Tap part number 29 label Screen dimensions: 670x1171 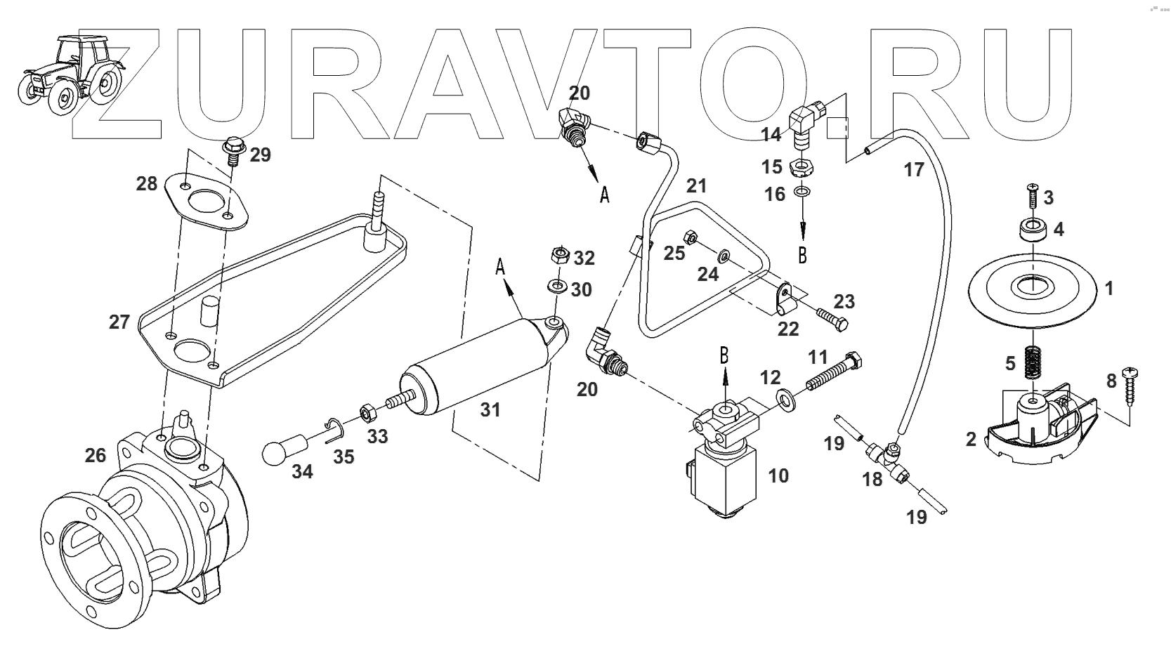pyautogui.click(x=260, y=155)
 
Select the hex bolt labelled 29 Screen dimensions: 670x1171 pyautogui.click(x=232, y=150)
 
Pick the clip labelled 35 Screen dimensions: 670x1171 pyautogui.click(x=335, y=429)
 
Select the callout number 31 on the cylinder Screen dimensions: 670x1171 pyautogui.click(x=490, y=409)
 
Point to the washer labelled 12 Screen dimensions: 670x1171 pyautogui.click(x=784, y=400)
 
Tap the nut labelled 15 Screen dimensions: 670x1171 pyautogui.click(x=801, y=168)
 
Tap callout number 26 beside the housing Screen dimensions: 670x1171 pyautogui.click(x=96, y=455)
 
